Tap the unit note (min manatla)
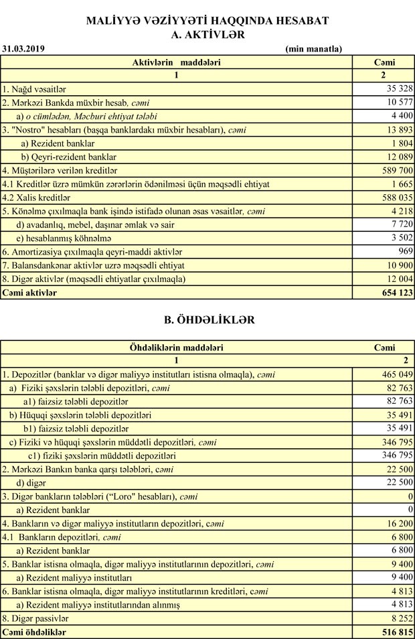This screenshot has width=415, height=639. point(313,48)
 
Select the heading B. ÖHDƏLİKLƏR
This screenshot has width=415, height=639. point(210,320)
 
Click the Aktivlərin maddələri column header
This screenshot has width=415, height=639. point(177,62)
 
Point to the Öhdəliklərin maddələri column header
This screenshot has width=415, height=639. point(177,348)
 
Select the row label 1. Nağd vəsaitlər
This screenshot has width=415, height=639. point(34,88)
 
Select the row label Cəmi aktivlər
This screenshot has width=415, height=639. point(30,293)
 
